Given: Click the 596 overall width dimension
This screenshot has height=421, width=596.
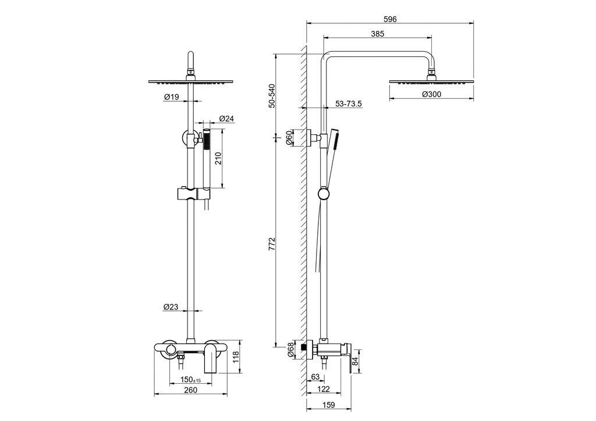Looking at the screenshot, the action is click(390, 19).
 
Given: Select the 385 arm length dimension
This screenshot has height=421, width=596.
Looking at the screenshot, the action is click(377, 33).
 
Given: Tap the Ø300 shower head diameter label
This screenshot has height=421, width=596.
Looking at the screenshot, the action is click(431, 94).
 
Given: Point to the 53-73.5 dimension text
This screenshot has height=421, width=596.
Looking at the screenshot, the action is click(348, 104).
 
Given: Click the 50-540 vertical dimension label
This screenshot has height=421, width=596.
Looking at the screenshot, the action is click(271, 96).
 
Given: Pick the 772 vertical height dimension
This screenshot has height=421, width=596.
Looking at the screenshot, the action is click(271, 244).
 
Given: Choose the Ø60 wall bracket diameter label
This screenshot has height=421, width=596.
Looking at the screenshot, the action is click(289, 137).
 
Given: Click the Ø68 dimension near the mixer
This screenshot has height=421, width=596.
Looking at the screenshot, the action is click(290, 349).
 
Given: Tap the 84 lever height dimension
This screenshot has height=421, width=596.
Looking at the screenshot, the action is click(356, 361).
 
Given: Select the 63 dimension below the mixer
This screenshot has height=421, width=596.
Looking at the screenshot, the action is click(315, 377).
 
